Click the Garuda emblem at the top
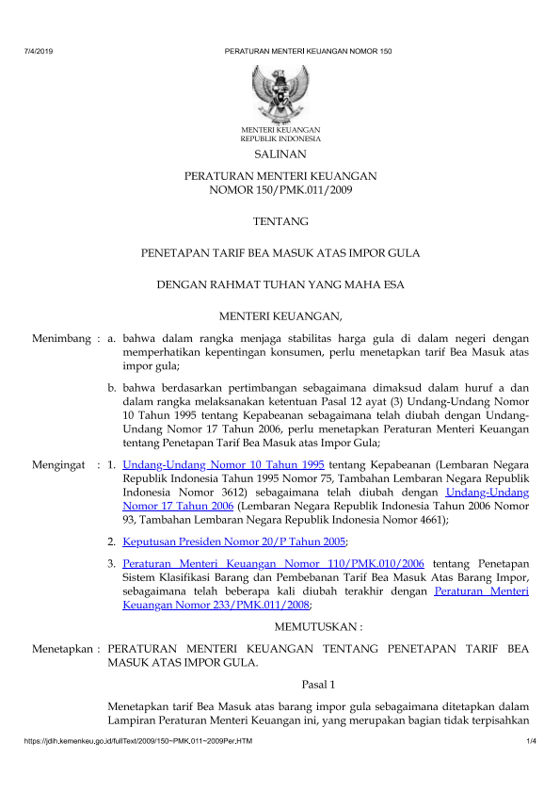click(x=280, y=91)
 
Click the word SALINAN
click(x=280, y=154)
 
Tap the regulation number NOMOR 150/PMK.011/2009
click(x=280, y=189)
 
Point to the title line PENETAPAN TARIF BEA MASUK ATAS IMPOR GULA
click(x=280, y=253)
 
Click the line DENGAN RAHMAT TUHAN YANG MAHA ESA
click(x=280, y=284)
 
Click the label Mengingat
click(x=62, y=465)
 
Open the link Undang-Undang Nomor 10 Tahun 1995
click(x=224, y=465)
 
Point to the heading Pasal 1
click(x=319, y=683)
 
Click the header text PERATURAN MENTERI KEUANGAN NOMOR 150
click(x=308, y=50)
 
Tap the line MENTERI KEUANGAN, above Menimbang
click(x=280, y=315)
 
